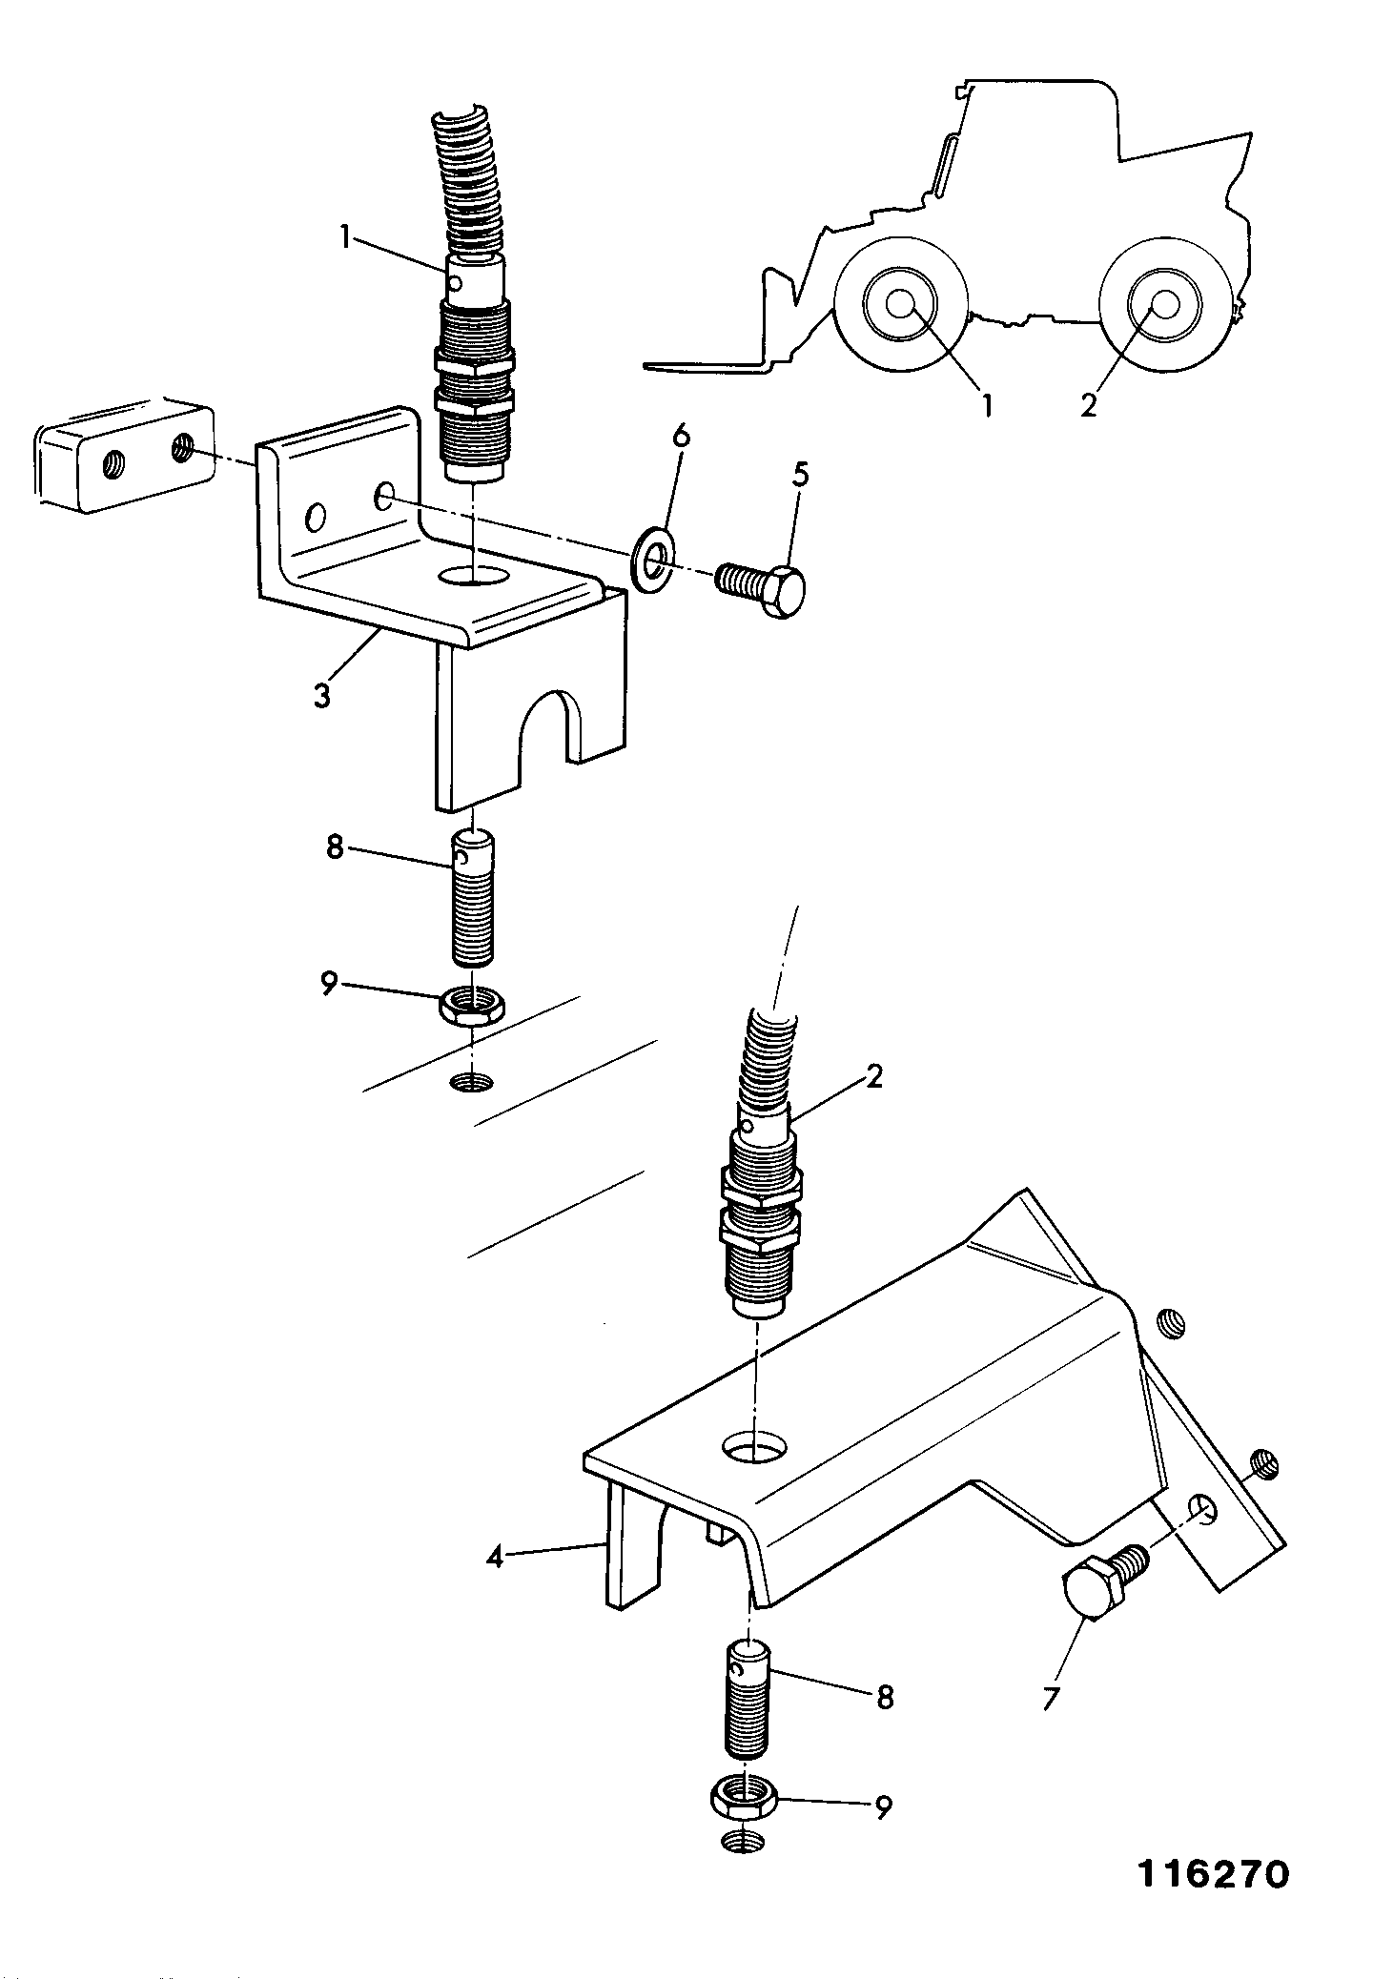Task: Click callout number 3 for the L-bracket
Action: pyautogui.click(x=322, y=694)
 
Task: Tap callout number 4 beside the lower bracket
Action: pyautogui.click(x=494, y=1559)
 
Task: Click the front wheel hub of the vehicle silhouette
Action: pyautogui.click(x=899, y=304)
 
